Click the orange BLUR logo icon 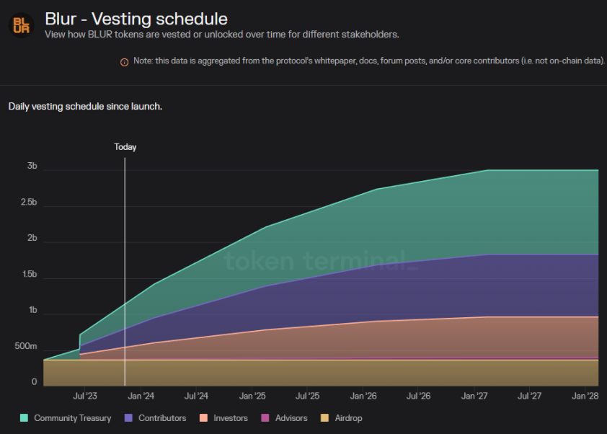click(x=21, y=25)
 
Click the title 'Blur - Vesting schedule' click(x=136, y=18)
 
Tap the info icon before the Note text click(x=124, y=62)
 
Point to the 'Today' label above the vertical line click(x=125, y=147)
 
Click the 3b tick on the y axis click(x=32, y=167)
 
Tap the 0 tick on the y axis click(x=34, y=383)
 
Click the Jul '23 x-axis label click(x=85, y=396)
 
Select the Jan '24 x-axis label click(x=141, y=396)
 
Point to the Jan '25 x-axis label click(x=252, y=396)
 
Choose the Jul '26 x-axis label click(x=418, y=396)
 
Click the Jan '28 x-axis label click(x=585, y=396)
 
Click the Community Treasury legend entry click(x=66, y=418)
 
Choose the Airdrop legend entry click(x=342, y=418)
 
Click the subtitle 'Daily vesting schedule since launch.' click(x=85, y=107)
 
